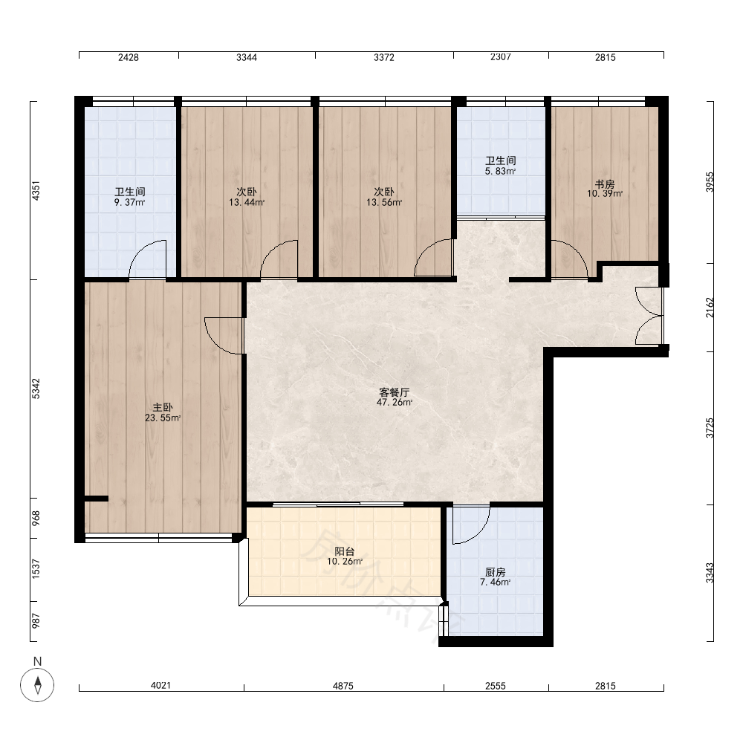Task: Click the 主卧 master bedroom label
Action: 163,407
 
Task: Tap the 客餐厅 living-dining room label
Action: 395,392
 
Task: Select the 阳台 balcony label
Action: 345,551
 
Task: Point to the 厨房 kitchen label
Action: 495,572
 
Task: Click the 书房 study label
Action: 605,184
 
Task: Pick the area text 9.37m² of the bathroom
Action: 129,203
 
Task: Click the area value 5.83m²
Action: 500,171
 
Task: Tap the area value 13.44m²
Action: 247,203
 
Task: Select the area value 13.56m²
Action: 384,203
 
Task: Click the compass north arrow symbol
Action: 37,685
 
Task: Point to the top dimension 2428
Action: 129,57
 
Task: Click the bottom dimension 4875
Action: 343,686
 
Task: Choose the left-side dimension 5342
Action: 36,389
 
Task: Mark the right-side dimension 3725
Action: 710,428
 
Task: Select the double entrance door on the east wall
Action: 648,316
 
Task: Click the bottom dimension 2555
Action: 495,686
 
